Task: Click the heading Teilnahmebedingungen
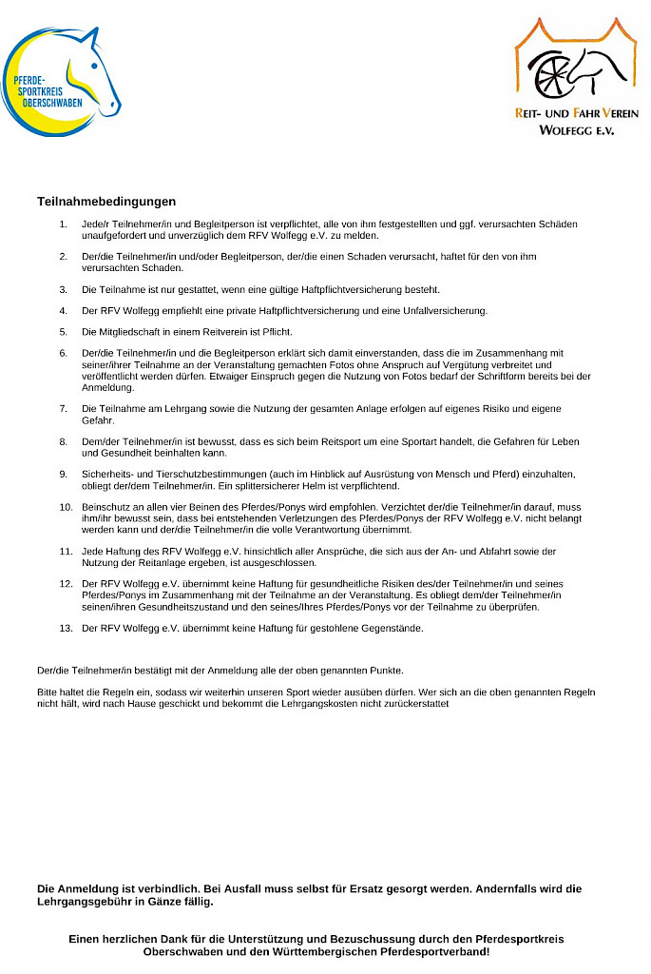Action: (x=106, y=202)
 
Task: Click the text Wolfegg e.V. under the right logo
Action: (x=576, y=130)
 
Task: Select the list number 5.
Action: (x=64, y=332)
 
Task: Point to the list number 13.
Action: (x=66, y=628)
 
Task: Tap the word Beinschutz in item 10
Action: (x=106, y=507)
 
